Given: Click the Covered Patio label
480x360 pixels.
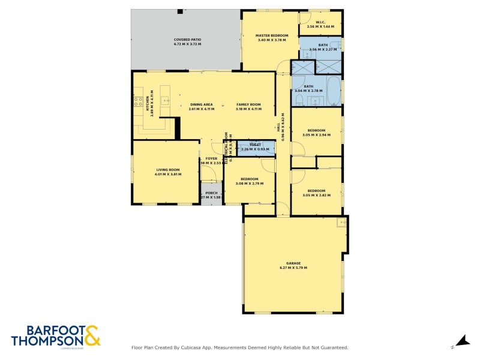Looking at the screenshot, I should (x=187, y=40).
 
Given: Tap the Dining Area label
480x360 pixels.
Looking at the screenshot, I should (x=201, y=104).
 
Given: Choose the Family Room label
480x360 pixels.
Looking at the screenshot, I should (x=248, y=104).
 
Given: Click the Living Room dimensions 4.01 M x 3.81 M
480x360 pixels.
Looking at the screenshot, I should (x=167, y=174).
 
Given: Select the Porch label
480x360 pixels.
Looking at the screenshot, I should (x=211, y=193).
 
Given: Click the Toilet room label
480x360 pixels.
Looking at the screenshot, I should (x=254, y=145).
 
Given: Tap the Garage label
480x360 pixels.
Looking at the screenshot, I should (x=293, y=263).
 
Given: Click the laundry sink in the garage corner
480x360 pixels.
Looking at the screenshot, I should (x=341, y=223).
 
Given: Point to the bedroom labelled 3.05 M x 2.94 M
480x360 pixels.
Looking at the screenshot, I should (x=316, y=135).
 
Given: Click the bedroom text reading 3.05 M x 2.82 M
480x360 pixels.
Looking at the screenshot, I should (x=316, y=195).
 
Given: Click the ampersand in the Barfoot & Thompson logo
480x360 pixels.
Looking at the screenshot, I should (x=92, y=335).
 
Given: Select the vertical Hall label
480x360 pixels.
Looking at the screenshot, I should (x=278, y=127).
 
